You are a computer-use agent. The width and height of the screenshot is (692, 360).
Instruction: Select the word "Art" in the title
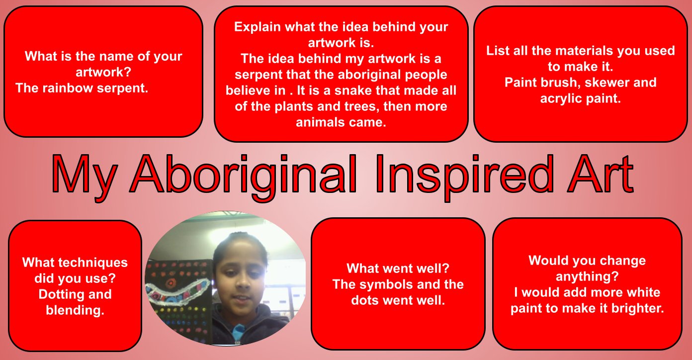tap(601, 174)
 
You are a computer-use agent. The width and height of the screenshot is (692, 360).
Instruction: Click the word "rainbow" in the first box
tap(68, 88)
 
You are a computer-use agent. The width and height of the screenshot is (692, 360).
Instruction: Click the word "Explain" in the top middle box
tap(258, 27)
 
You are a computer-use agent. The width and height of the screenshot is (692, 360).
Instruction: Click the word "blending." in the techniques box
tap(75, 310)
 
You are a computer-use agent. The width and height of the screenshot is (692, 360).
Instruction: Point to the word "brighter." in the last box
tap(638, 308)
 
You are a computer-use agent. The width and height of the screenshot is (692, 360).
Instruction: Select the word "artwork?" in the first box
tap(103, 73)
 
